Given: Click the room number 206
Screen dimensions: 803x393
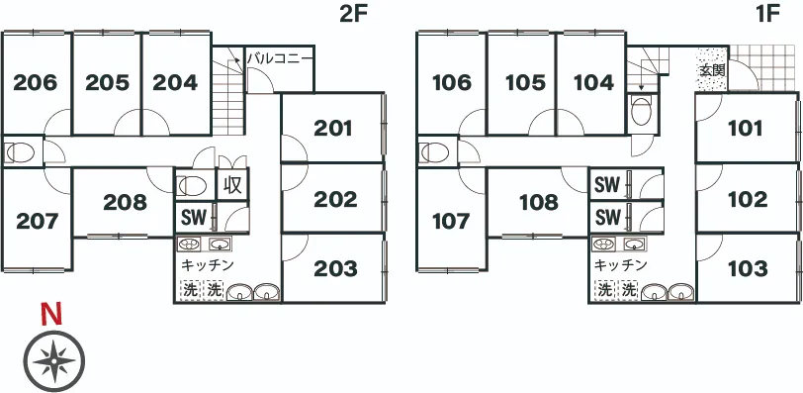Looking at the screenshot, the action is coord(36,82).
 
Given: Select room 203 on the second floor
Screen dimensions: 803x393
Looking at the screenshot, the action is coord(335,268).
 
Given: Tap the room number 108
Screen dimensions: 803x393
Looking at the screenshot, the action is coord(538,203).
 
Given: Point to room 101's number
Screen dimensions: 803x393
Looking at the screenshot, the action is coord(746,128).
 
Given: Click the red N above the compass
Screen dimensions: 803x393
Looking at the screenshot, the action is coord(51,315).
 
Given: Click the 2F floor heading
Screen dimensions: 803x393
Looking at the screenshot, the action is coord(354,14).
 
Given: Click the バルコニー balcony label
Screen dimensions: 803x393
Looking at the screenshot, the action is coord(280,57).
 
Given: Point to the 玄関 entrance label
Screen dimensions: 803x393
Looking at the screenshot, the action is coord(712,70).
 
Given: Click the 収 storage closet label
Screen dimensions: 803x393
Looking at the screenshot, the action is coord(233,185).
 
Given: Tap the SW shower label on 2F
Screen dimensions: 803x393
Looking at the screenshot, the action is coord(194,218).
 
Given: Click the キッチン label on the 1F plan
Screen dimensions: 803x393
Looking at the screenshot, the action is coord(620,265).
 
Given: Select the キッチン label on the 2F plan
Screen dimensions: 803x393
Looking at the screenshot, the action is coord(208,265).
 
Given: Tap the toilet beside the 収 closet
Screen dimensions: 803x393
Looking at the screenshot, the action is coord(193,185).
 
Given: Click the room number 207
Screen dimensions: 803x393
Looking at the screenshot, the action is coord(37,222).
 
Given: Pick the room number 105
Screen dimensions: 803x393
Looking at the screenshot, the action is coord(524,82).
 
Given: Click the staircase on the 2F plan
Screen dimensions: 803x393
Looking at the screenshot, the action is coord(227,91).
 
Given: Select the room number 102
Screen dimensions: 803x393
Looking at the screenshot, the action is coord(748,199).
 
